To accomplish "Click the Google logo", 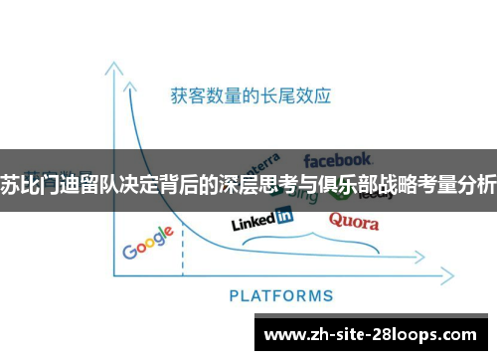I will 149,243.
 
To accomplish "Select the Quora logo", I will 353,221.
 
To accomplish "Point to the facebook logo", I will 338,159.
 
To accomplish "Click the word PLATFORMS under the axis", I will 281,295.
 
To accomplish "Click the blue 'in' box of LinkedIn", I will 284,216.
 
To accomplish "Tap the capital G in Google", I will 130,250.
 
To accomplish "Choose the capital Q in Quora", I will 336,220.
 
